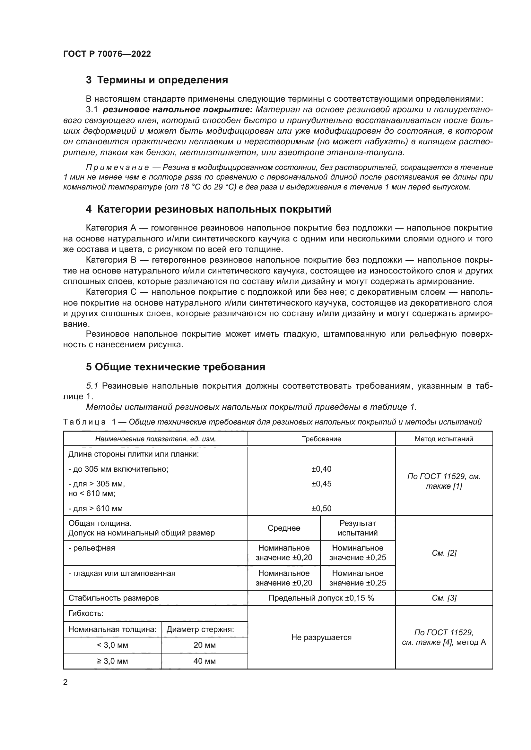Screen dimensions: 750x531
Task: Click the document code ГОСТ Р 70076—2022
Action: [107, 54]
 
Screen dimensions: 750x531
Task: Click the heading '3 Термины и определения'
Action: [157, 80]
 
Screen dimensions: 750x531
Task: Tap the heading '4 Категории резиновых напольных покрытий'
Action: [208, 209]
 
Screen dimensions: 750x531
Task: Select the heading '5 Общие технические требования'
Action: [175, 367]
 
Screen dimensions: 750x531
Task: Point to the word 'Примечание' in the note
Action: [117, 168]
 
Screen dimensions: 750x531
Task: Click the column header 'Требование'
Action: [321, 439]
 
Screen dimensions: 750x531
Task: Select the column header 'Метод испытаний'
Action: [443, 439]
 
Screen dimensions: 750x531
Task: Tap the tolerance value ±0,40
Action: [321, 469]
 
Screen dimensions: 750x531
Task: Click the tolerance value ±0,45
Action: [321, 484]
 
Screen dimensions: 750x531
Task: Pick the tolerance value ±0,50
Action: [321, 508]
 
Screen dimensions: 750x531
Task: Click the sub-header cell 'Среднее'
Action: [283, 528]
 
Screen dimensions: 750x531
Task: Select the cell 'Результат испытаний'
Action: [357, 528]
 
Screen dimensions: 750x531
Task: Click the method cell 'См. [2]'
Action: [444, 553]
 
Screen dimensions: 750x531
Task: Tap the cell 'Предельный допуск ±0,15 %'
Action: [321, 598]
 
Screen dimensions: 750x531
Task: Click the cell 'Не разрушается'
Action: [321, 637]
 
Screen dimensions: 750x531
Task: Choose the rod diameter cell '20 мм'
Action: [205, 645]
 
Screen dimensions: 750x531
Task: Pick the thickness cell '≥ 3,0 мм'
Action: [112, 661]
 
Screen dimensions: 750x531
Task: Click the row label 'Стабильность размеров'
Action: [113, 598]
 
